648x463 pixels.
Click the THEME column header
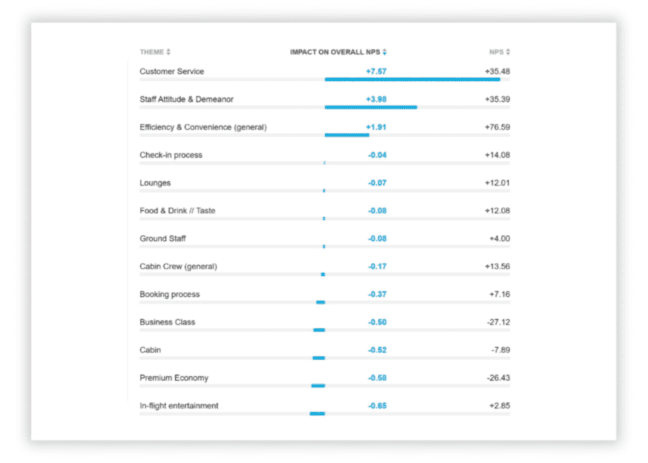tap(152, 52)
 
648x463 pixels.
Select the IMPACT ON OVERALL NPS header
tap(335, 52)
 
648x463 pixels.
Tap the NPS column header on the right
tap(496, 52)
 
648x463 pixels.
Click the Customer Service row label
tap(172, 72)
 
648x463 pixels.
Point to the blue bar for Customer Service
tap(412, 80)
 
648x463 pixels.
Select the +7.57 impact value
tap(376, 72)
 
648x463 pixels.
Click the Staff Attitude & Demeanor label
tap(187, 99)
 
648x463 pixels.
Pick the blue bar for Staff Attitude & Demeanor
tap(371, 107)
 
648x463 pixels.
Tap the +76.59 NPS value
tap(497, 127)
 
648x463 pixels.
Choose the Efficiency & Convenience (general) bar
tap(347, 135)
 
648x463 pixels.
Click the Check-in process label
tap(171, 155)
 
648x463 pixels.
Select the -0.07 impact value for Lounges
tap(377, 183)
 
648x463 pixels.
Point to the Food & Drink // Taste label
tap(178, 211)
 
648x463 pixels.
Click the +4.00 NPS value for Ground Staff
tap(500, 239)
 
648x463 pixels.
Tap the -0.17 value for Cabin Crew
tap(377, 267)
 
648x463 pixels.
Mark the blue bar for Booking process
tap(320, 302)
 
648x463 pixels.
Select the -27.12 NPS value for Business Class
tap(498, 322)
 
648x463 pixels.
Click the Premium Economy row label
tap(174, 378)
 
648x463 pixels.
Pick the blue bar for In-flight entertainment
tap(317, 414)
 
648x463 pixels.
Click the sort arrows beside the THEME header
tap(168, 52)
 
